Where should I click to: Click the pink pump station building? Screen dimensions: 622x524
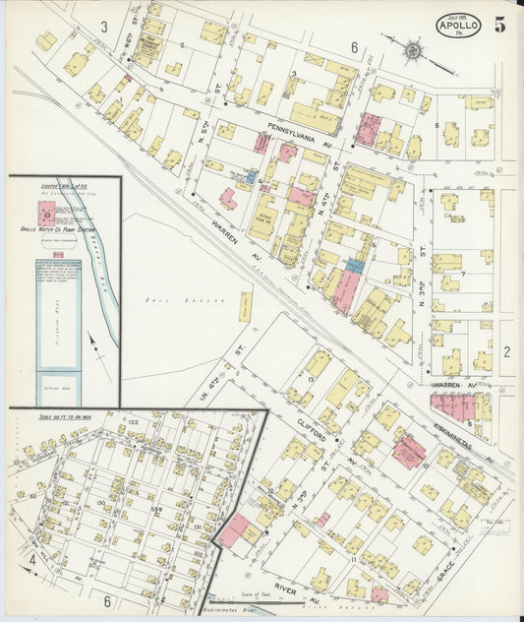pos(44,210)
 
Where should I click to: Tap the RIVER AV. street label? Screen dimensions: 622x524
pos(295,584)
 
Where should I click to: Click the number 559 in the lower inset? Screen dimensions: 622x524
pos(155,494)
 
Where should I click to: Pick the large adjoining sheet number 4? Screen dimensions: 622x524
pos(32,561)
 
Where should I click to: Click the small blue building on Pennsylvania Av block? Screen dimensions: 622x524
pos(252,178)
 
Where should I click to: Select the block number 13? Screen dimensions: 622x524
pos(310,378)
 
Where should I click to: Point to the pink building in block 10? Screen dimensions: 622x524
pos(409,452)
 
